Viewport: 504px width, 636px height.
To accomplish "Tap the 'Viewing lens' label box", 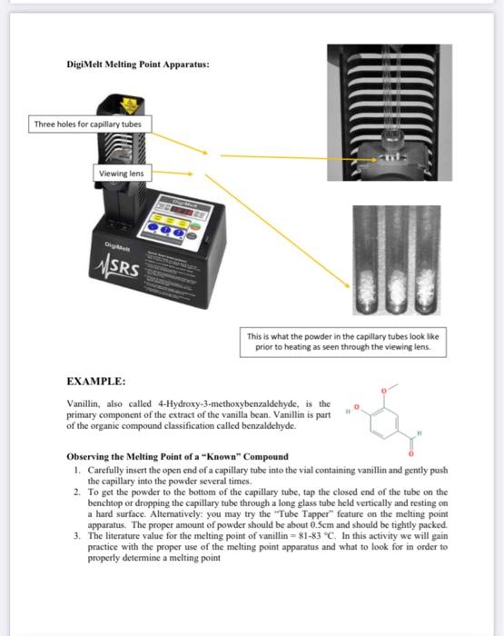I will [x=121, y=173].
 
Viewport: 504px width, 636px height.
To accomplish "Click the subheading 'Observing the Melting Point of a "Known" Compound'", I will [x=178, y=455].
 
